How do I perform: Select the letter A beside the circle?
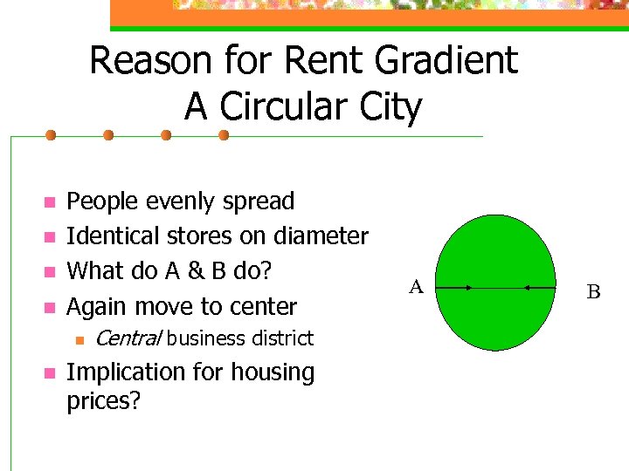(417, 286)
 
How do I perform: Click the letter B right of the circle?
(593, 292)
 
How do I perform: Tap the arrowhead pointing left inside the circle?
(527, 287)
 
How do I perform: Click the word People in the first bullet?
(100, 201)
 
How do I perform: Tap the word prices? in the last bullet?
(104, 403)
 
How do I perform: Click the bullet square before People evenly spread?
(50, 203)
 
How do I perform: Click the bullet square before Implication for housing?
(50, 373)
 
